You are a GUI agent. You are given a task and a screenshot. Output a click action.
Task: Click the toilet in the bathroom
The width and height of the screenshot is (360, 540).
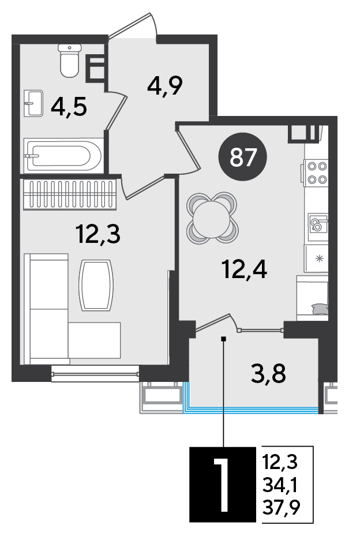70,61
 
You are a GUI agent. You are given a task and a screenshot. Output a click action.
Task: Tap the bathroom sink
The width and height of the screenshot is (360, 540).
34,103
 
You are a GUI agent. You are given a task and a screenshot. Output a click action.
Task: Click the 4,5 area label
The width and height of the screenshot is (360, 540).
69,107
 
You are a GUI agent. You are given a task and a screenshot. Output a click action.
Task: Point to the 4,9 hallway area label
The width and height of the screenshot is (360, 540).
164,86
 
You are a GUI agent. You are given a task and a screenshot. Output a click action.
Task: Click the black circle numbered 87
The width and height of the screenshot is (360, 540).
243,157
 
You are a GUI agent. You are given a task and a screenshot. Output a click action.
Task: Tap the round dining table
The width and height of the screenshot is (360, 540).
212,219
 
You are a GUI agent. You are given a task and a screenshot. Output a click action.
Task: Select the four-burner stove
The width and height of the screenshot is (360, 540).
316,172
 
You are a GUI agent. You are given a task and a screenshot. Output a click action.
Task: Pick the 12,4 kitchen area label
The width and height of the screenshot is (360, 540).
245,269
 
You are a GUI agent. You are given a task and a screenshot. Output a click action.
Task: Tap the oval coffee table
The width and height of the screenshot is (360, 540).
96,285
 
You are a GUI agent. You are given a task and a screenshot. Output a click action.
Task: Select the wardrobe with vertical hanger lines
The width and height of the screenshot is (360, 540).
70,195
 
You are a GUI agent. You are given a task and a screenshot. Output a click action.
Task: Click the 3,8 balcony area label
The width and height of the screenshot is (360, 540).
269,374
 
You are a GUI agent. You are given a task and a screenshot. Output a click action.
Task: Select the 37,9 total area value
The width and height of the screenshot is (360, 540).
281,507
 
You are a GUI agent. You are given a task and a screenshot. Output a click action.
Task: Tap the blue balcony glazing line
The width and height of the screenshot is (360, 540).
250,409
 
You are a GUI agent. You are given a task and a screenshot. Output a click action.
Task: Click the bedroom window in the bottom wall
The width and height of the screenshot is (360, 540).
95,374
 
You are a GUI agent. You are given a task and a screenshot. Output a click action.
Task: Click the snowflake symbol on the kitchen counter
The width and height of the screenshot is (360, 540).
320,258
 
